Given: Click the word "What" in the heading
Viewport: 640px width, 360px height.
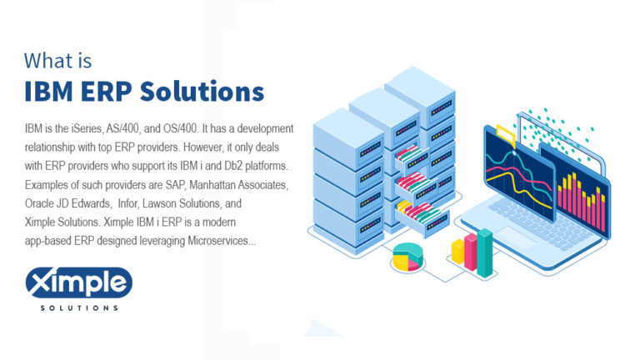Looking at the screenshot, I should (46, 61).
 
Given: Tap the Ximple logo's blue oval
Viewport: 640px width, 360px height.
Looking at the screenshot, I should (78, 283).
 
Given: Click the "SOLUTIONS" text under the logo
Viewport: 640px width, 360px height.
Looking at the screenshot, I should (79, 307).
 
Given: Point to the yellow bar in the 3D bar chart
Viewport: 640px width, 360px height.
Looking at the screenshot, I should (457, 252).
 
